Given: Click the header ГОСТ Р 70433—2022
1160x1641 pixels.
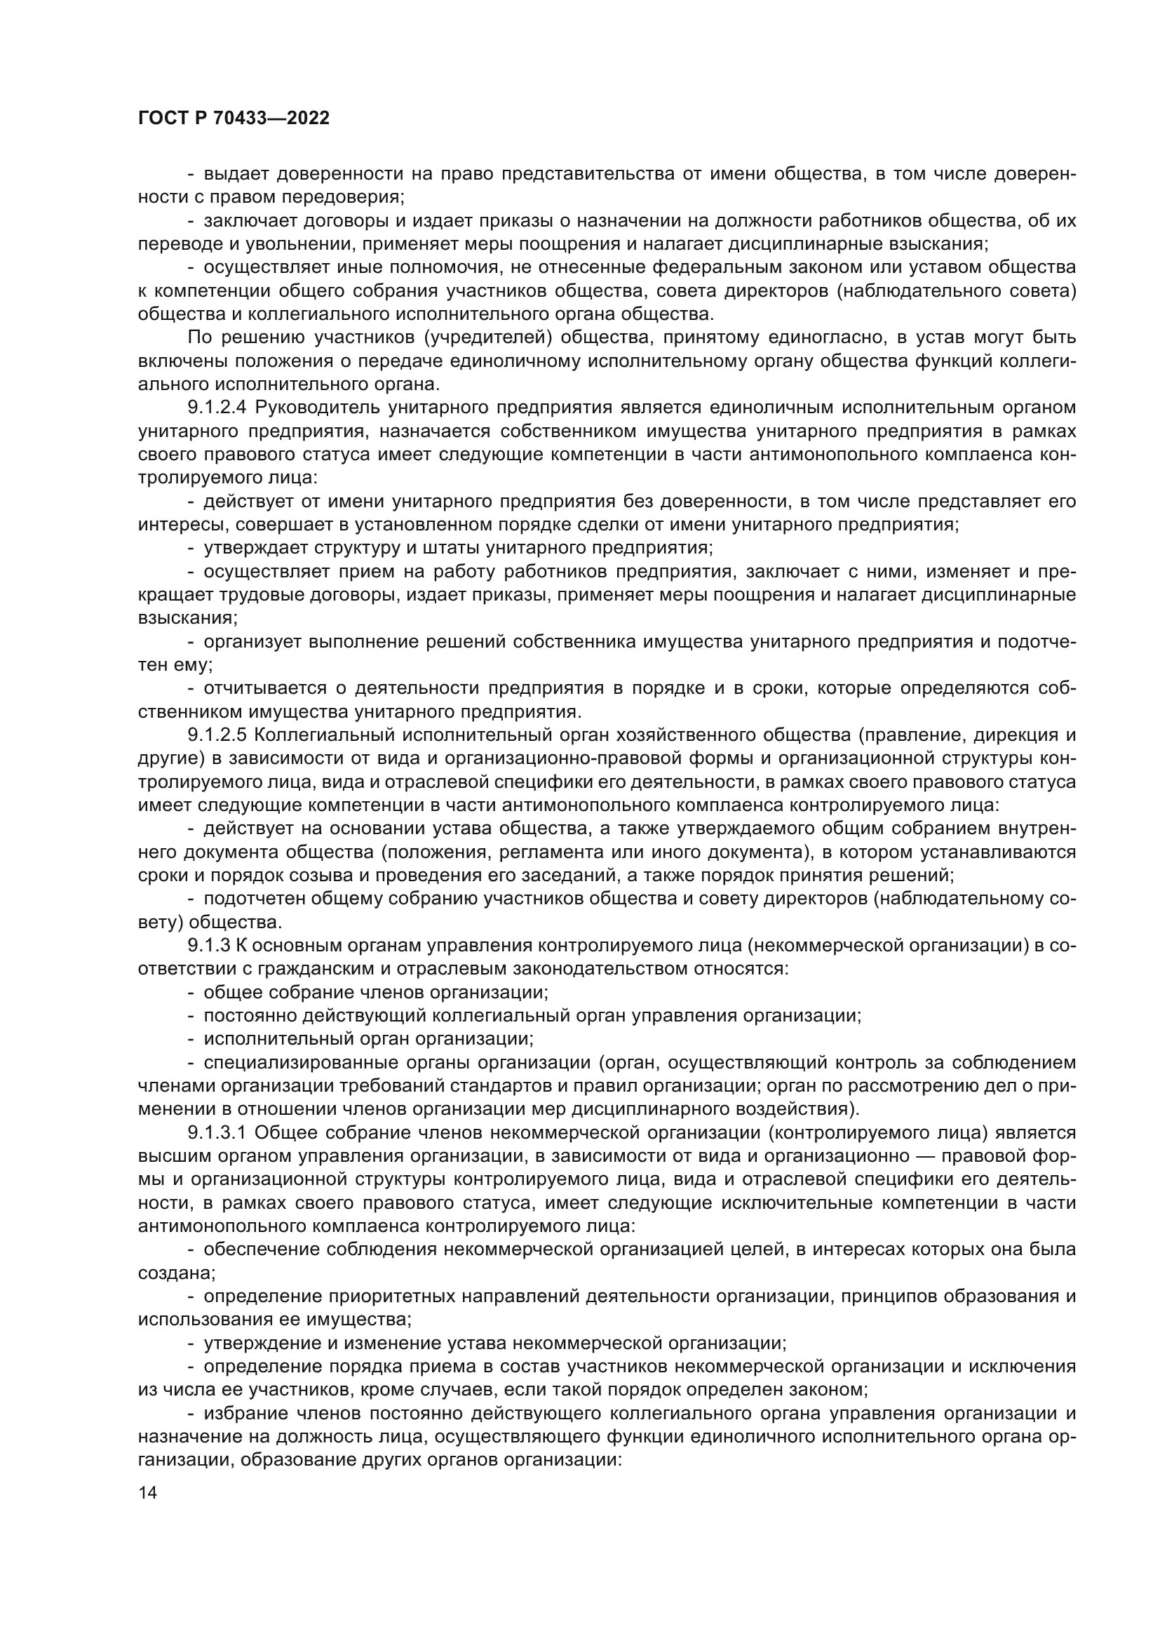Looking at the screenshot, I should (x=234, y=119).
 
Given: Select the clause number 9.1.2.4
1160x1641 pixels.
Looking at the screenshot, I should (x=217, y=408).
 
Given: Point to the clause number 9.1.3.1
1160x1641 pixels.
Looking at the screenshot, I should (x=217, y=1133).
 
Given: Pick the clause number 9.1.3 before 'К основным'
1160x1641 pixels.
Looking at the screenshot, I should (x=208, y=946).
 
